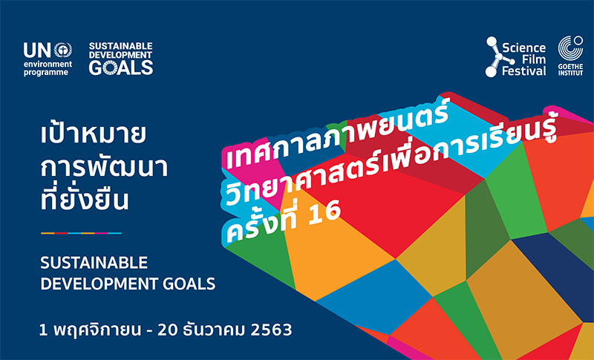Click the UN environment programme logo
click(48, 59)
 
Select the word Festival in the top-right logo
click(524, 71)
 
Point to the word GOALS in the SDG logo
click(121, 68)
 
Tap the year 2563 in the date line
click(271, 330)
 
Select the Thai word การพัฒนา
click(104, 166)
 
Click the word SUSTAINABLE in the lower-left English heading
click(94, 263)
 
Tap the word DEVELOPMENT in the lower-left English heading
click(99, 284)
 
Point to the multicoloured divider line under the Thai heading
click(81, 233)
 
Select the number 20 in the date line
click(168, 330)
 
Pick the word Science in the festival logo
click(524, 48)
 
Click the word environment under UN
click(48, 64)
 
